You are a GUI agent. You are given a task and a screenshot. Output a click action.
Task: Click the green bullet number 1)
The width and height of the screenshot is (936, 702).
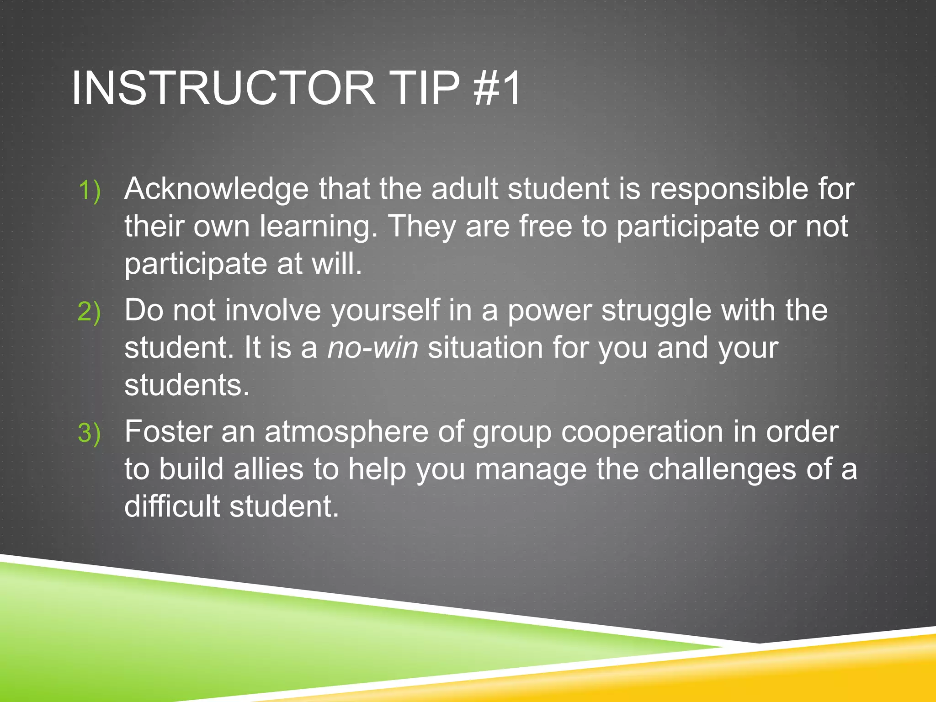(x=89, y=190)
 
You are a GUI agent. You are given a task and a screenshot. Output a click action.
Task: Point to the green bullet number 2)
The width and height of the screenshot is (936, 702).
(x=89, y=312)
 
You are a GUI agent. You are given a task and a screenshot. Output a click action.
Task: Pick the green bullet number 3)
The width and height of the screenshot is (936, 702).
(x=89, y=433)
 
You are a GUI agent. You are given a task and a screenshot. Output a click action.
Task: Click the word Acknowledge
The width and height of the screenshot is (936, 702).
(x=216, y=189)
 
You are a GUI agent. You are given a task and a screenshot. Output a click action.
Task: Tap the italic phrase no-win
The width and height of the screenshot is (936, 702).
(x=372, y=348)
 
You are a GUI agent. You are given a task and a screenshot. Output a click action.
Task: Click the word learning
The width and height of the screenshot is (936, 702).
(x=318, y=227)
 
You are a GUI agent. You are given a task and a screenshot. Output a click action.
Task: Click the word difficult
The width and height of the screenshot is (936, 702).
(x=172, y=506)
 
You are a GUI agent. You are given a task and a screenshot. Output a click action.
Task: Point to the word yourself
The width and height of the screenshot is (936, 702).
(x=385, y=311)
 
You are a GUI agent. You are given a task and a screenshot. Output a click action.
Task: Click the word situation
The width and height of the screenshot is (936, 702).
(x=485, y=348)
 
